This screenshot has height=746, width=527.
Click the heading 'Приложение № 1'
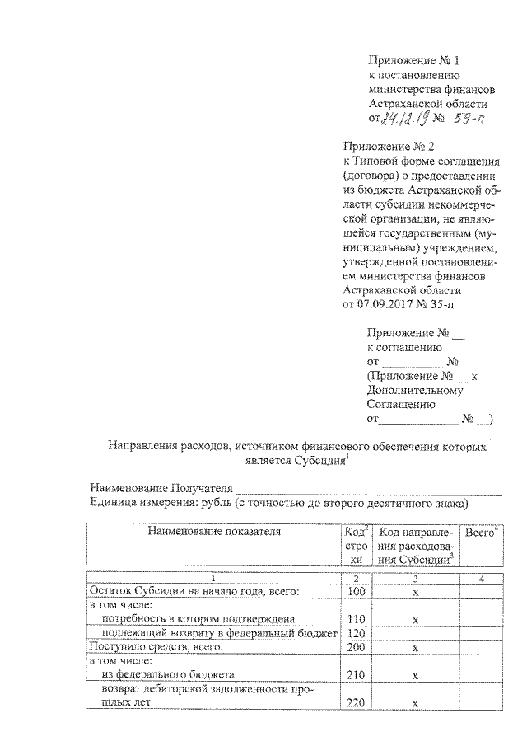coord(411,61)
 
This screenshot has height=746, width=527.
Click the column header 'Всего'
coord(479,533)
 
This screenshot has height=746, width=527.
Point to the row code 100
coord(357,591)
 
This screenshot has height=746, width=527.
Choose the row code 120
coord(357,633)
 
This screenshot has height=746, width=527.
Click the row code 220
coord(357,703)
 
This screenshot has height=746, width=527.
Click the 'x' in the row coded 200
coord(416,648)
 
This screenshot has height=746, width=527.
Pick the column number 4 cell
coord(479,578)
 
